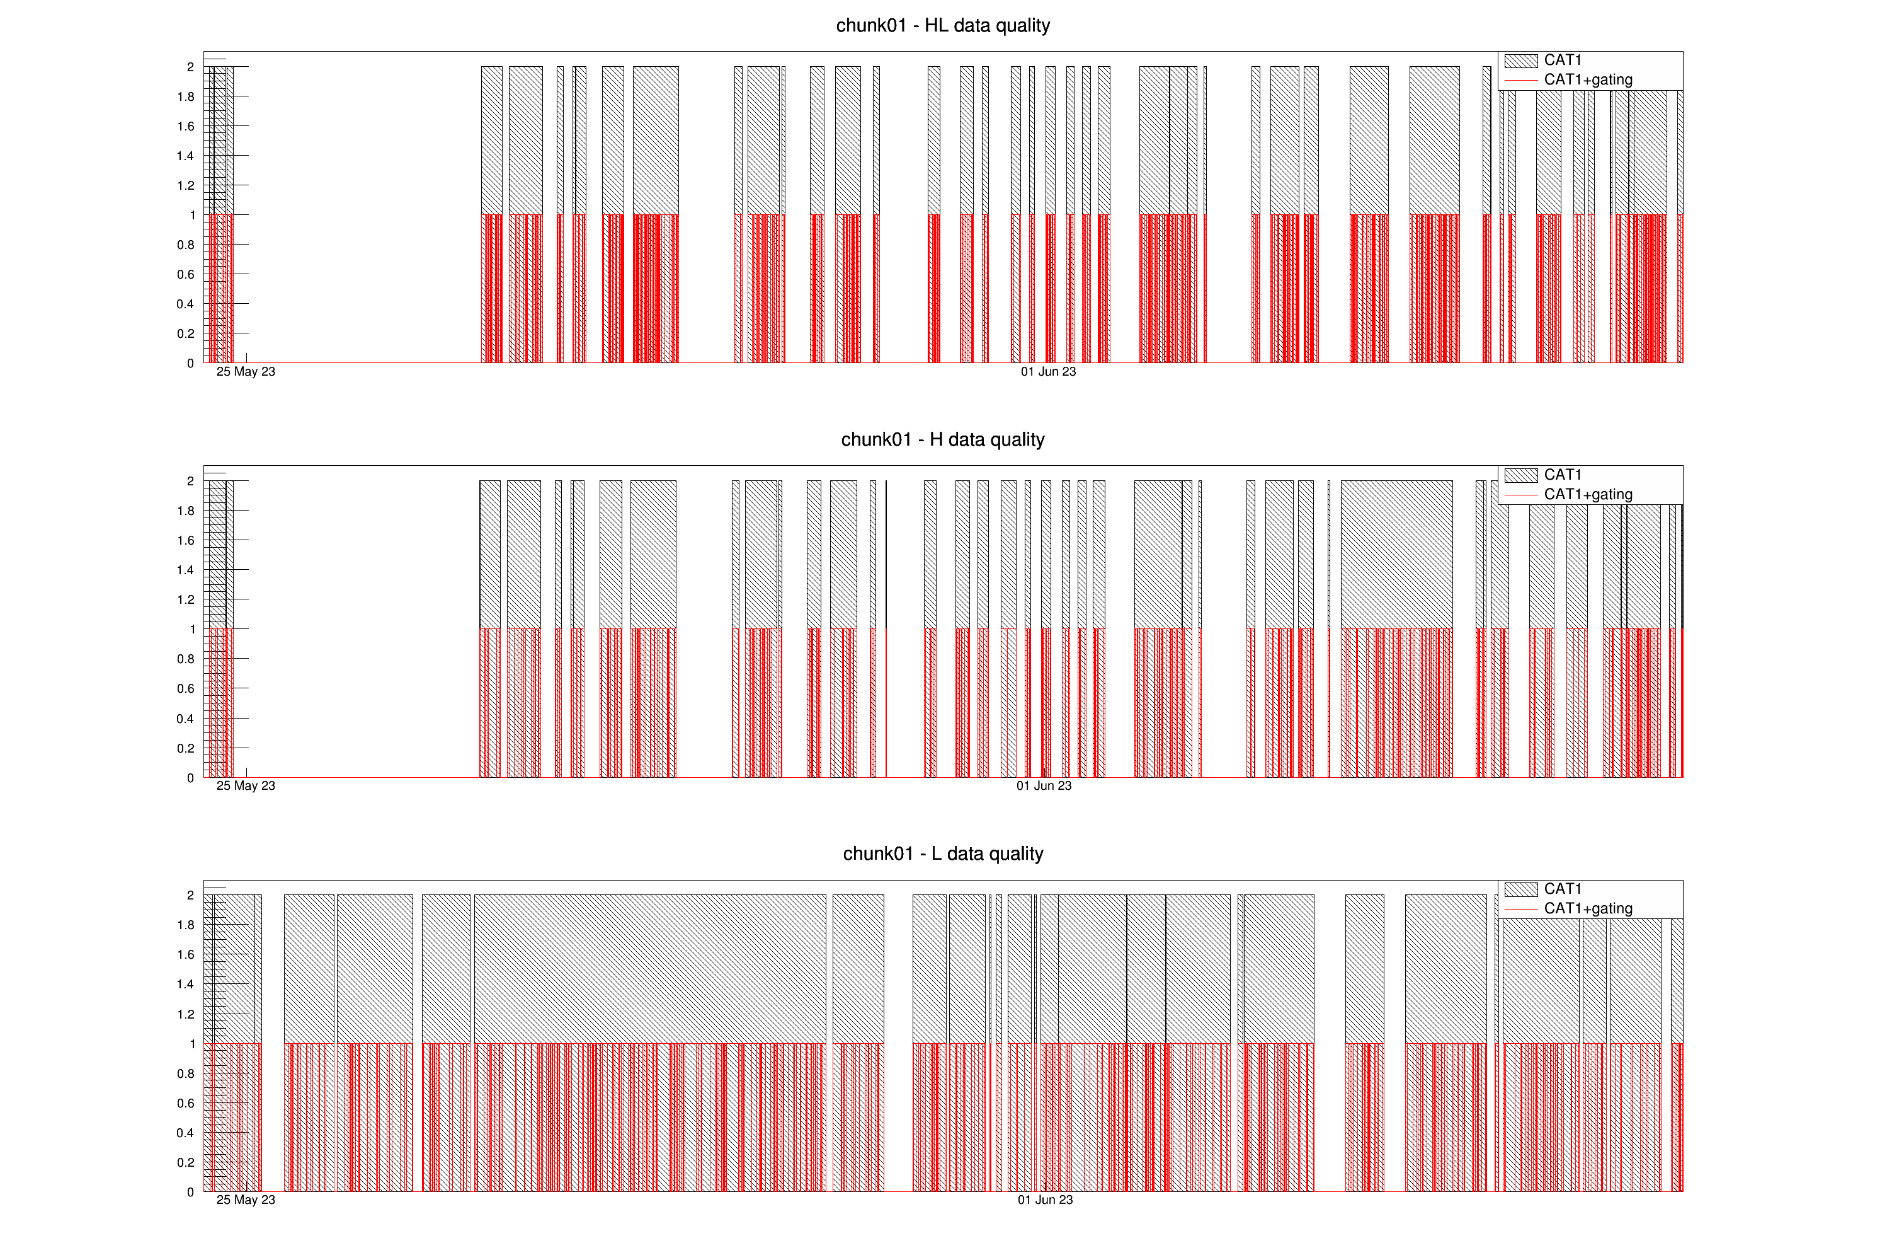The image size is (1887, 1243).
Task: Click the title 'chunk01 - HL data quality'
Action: coord(943,25)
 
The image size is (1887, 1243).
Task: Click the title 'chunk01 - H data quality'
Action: coord(943,439)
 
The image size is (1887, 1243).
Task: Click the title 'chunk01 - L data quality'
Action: coord(943,853)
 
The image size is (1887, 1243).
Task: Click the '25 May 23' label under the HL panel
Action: coord(246,371)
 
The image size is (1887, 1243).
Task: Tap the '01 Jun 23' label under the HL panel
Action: coord(1048,371)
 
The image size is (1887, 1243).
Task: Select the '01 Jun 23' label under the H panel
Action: coord(1044,785)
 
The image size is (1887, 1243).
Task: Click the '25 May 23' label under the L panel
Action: coord(246,1200)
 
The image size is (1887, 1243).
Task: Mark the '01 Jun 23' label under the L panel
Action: coord(1045,1200)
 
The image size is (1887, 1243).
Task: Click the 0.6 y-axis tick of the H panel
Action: coord(186,688)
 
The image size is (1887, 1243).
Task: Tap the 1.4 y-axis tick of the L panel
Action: coord(186,985)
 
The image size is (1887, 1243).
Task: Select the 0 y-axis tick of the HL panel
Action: coord(190,363)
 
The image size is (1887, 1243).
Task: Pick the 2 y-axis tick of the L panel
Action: coord(190,895)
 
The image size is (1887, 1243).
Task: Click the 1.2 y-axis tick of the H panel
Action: coord(186,599)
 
